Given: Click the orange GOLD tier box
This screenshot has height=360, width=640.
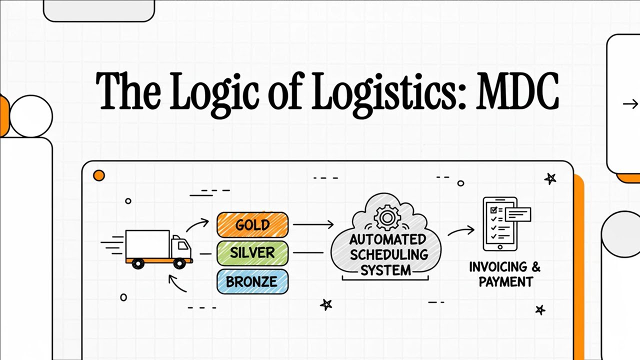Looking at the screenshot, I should click(252, 225).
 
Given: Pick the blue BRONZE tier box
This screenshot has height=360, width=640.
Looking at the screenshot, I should click(252, 281).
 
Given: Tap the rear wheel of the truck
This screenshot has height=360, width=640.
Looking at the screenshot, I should click(138, 262).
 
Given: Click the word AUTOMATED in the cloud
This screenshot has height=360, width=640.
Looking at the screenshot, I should click(387, 239).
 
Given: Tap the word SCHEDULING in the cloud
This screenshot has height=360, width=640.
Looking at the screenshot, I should click(388, 254).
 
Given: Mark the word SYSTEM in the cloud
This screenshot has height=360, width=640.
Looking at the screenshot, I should click(385, 270).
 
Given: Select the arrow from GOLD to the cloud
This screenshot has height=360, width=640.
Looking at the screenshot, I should click(313, 225).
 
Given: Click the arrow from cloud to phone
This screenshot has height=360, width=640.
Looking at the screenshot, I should click(460, 231).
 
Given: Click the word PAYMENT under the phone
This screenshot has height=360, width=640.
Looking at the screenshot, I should click(505, 282).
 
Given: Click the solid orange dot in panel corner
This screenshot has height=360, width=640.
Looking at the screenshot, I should click(99, 175).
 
